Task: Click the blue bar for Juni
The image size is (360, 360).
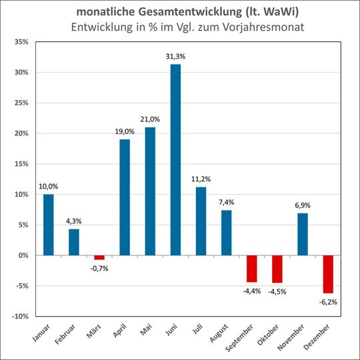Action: (x=175, y=160)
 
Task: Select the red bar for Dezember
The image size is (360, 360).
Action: (x=328, y=274)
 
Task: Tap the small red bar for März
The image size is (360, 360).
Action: (x=99, y=257)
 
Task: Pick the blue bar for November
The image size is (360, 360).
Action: (x=302, y=234)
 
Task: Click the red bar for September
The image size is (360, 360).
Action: (x=251, y=269)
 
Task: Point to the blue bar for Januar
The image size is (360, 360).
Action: (x=49, y=225)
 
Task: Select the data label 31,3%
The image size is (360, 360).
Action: (x=175, y=57)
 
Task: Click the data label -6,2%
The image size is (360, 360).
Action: (x=328, y=301)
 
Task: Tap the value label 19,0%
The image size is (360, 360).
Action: (x=125, y=132)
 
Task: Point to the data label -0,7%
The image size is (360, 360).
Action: (x=99, y=268)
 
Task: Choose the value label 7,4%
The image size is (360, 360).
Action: (x=226, y=203)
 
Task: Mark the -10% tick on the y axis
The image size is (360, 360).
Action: (x=18, y=316)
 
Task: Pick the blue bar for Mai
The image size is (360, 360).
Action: (x=150, y=191)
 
